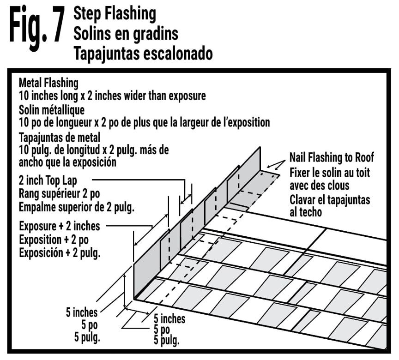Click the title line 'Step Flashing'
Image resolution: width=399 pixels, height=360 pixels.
(x=115, y=13)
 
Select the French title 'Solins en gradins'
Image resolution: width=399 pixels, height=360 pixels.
(x=126, y=33)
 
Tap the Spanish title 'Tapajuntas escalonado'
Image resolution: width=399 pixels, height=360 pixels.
(x=143, y=53)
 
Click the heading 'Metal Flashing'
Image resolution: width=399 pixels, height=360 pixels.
(x=48, y=83)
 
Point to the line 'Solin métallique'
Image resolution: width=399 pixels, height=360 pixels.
(x=52, y=110)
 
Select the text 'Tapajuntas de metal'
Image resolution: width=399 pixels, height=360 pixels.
(x=60, y=137)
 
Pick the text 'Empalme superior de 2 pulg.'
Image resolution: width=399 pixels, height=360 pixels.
(x=77, y=207)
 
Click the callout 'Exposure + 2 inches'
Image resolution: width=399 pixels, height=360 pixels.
(x=60, y=226)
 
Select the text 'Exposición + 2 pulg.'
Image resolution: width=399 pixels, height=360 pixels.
(x=60, y=253)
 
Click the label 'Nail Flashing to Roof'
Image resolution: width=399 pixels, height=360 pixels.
(x=332, y=157)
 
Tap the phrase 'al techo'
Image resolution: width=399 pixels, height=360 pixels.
(x=306, y=212)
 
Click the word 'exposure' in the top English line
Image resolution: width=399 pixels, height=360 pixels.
(x=187, y=96)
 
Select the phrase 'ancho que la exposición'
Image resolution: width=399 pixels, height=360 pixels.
(x=67, y=163)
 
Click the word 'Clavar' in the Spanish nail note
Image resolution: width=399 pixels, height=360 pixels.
(x=305, y=200)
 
